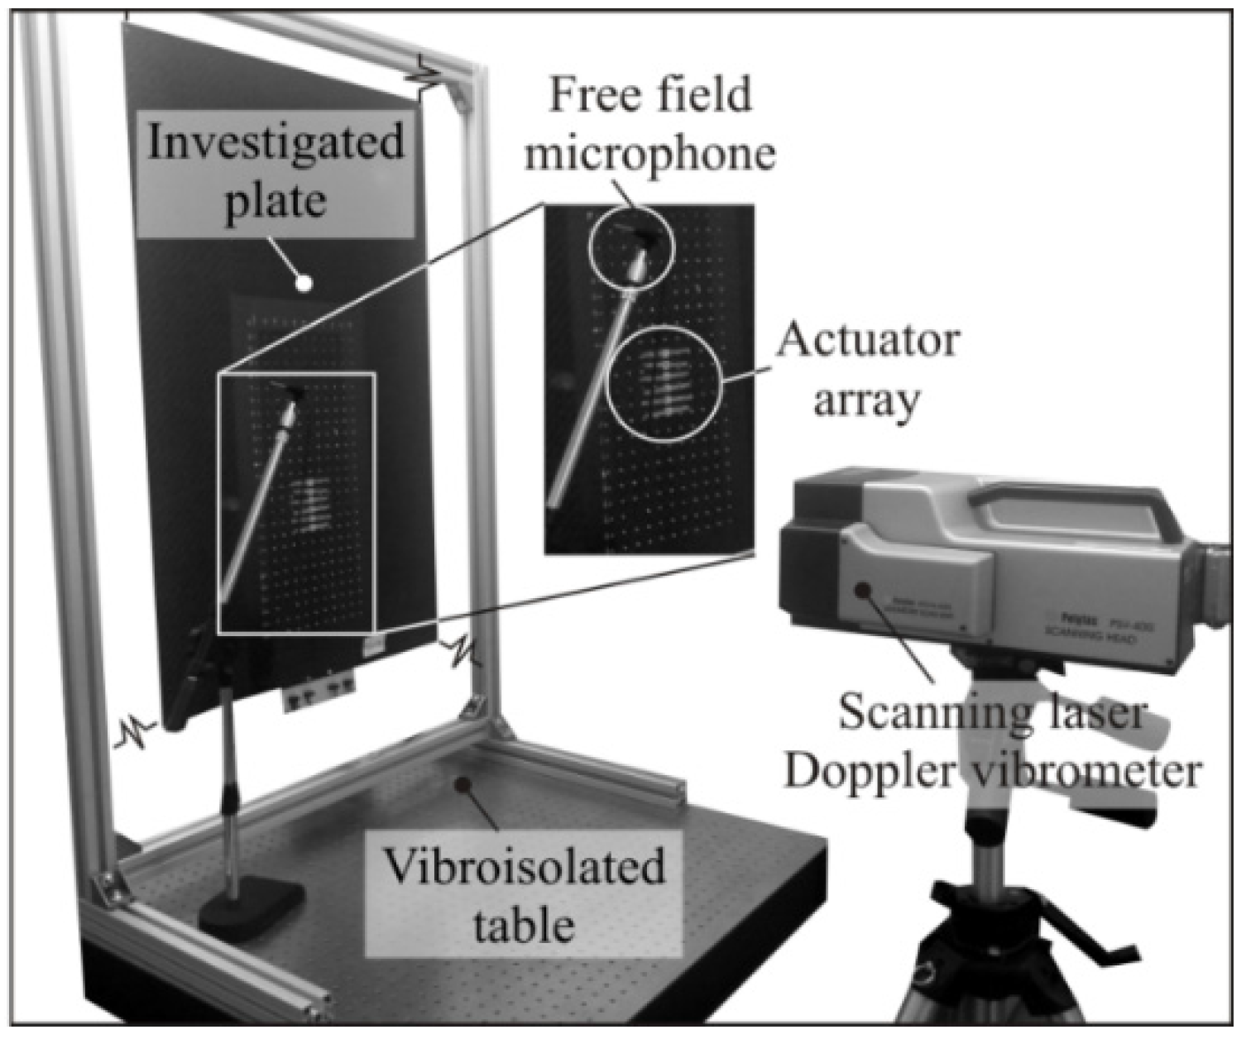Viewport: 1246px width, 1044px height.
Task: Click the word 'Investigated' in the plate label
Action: [x=276, y=143]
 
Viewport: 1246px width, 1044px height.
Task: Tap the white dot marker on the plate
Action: [x=304, y=283]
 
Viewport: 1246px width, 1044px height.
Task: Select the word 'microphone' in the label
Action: [x=649, y=153]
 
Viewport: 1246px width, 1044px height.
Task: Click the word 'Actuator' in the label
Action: [x=867, y=340]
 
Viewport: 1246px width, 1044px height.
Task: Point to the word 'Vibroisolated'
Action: [x=524, y=868]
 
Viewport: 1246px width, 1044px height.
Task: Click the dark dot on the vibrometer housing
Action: [x=862, y=589]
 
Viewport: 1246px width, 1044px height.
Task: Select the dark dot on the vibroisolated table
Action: [x=464, y=782]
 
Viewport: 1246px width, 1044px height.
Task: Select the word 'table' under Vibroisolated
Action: [x=523, y=923]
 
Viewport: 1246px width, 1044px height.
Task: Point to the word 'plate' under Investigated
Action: [x=276, y=201]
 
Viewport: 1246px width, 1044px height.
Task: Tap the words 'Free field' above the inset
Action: [x=650, y=95]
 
